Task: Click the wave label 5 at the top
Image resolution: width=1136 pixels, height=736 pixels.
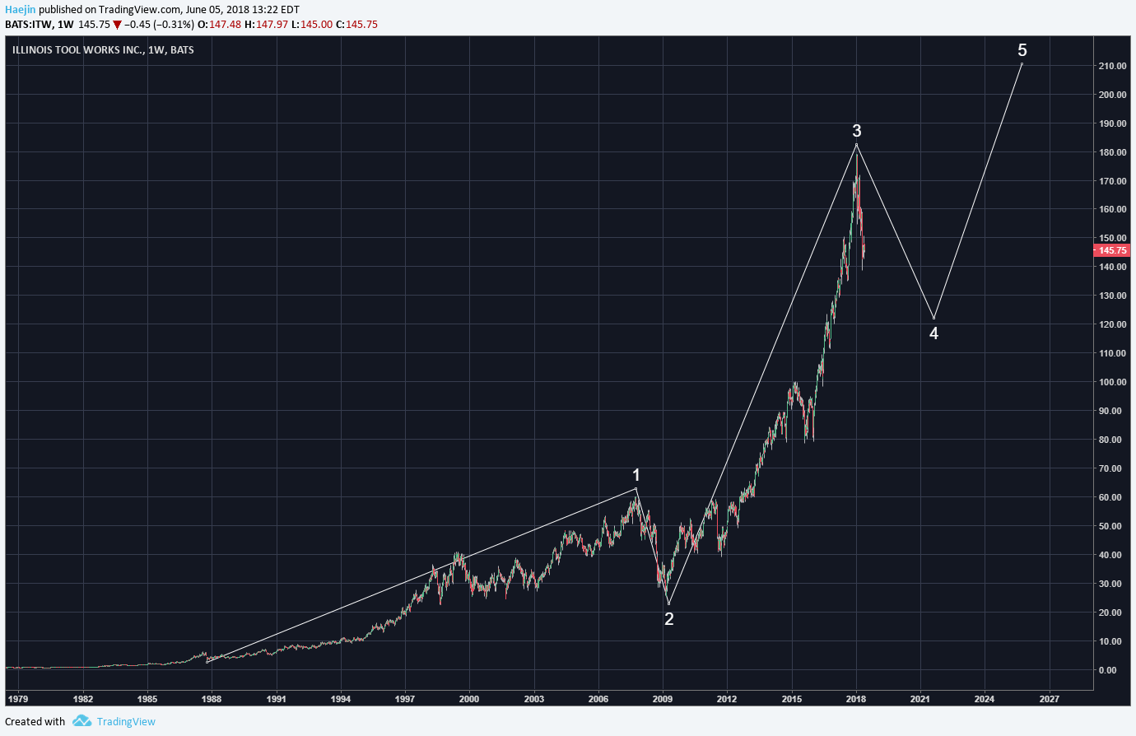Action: click(x=1022, y=50)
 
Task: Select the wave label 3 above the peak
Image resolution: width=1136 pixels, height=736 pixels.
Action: click(x=857, y=131)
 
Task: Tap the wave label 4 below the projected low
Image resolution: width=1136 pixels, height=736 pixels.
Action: click(x=933, y=333)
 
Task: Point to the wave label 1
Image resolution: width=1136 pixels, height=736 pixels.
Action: click(x=636, y=475)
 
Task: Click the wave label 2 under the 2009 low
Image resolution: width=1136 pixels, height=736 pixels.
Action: click(x=669, y=619)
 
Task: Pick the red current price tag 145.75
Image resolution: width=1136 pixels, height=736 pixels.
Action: click(x=1112, y=250)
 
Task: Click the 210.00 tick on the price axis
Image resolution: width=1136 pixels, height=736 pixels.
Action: click(x=1112, y=66)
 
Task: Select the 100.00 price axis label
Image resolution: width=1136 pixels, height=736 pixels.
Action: click(x=1112, y=382)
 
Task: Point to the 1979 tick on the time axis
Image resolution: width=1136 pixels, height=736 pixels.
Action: click(x=17, y=699)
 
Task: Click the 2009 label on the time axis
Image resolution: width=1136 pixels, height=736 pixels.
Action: click(x=663, y=699)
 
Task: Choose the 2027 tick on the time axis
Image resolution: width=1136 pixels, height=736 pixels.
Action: click(x=1049, y=699)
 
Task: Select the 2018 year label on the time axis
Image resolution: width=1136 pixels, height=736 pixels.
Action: click(x=856, y=699)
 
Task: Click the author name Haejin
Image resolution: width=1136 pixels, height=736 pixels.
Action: click(x=20, y=10)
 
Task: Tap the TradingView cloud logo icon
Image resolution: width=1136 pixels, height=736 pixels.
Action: click(x=81, y=721)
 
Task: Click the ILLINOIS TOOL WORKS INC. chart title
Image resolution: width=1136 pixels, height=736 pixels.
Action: click(x=78, y=50)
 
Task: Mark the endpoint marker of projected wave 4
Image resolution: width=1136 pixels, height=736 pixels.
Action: click(x=933, y=319)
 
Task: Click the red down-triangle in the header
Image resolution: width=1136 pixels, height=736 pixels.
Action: click(x=118, y=25)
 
